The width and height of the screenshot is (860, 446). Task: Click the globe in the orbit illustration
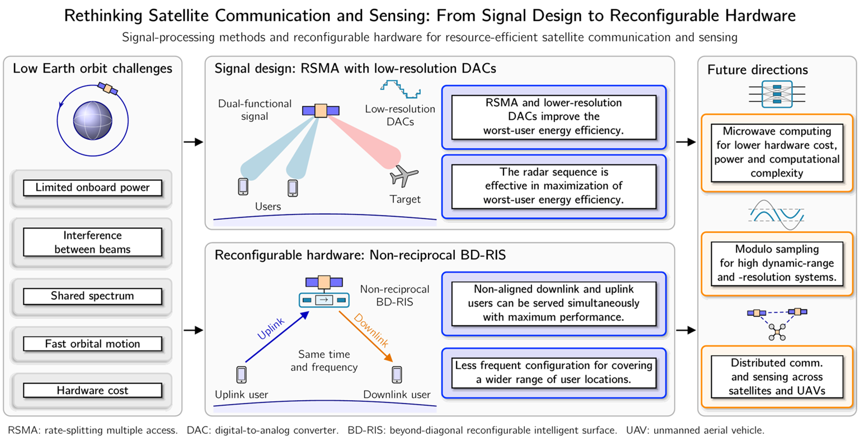click(92, 120)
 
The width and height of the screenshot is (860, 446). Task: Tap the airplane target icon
click(403, 176)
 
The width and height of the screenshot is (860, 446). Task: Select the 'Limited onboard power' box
click(92, 187)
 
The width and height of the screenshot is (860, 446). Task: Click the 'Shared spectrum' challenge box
click(92, 297)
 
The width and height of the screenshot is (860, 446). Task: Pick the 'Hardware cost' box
click(92, 391)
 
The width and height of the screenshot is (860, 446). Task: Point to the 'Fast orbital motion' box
click(92, 344)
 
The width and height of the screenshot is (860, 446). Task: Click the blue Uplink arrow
click(277, 337)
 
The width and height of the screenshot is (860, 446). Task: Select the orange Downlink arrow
click(366, 337)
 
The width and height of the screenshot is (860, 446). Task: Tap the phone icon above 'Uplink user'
click(242, 374)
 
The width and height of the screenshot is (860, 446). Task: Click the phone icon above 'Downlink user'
click(397, 374)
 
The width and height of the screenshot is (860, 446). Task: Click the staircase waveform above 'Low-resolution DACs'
click(401, 89)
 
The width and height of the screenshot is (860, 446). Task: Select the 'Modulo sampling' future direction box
click(777, 264)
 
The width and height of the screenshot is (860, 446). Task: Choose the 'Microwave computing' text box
click(777, 152)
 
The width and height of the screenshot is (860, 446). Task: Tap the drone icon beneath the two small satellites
click(777, 332)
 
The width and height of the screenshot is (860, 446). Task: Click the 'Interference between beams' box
click(92, 242)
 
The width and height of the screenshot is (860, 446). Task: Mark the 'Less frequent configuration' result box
click(553, 373)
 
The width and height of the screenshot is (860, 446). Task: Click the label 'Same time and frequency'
click(324, 360)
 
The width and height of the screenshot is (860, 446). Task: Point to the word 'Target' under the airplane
click(405, 199)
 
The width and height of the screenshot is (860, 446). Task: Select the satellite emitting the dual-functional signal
click(321, 111)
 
